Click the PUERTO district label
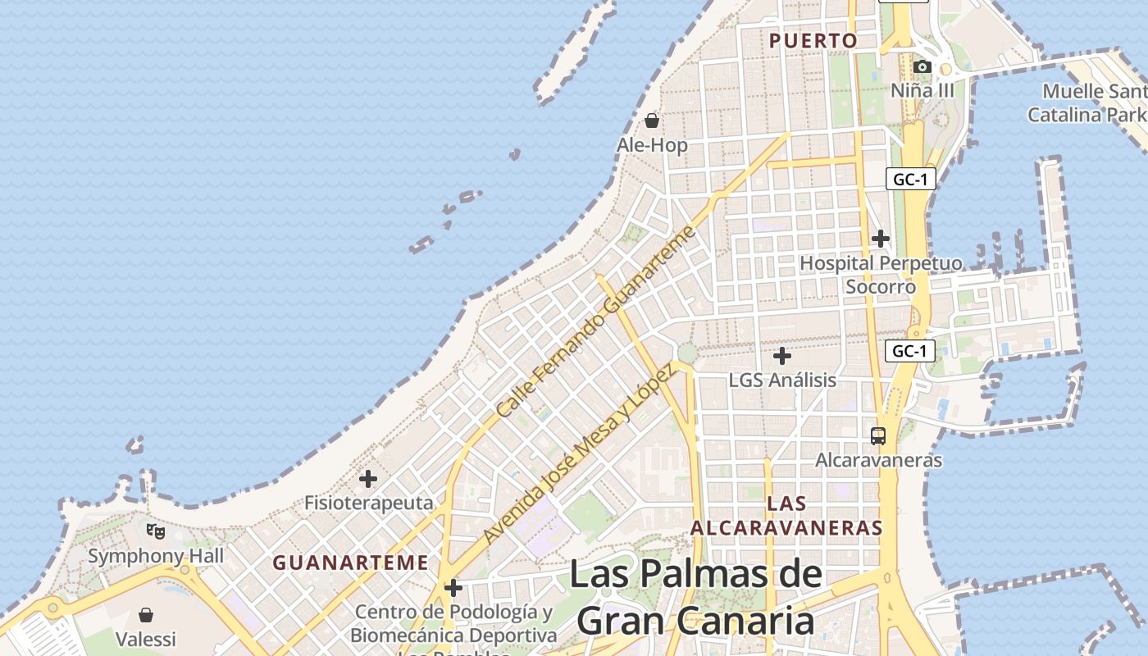tap(813, 41)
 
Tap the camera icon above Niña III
tap(922, 66)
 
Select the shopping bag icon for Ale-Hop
tap(652, 121)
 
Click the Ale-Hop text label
tap(652, 145)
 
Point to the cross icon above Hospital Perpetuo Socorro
tap(881, 239)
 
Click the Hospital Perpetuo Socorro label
tap(881, 275)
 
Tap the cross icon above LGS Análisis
tap(782, 356)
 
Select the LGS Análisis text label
tap(782, 380)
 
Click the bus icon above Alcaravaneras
tap(878, 435)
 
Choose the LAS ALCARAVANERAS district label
tap(786, 515)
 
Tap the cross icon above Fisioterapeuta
tap(368, 478)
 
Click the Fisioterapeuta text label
tap(368, 503)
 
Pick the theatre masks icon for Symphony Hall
tap(156, 531)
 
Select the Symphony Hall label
tap(156, 556)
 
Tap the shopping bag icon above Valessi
tap(146, 615)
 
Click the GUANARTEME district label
tap(350, 563)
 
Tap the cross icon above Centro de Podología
tap(453, 588)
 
